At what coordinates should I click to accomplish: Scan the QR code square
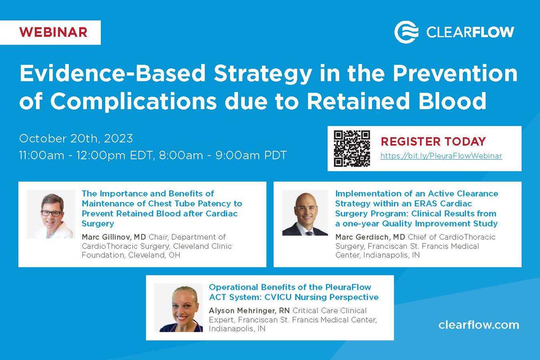(x=351, y=148)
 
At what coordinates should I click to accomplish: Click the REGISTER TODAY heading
(x=433, y=141)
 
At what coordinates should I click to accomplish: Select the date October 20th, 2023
(x=76, y=138)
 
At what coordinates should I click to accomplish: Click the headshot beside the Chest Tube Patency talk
(x=51, y=214)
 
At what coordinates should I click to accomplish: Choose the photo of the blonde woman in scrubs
(x=178, y=308)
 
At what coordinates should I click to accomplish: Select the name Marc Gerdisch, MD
(x=369, y=237)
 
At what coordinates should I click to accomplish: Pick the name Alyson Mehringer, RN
(x=249, y=310)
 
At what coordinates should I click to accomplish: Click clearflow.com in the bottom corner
(x=478, y=325)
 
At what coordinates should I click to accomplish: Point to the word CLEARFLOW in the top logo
(x=470, y=32)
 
